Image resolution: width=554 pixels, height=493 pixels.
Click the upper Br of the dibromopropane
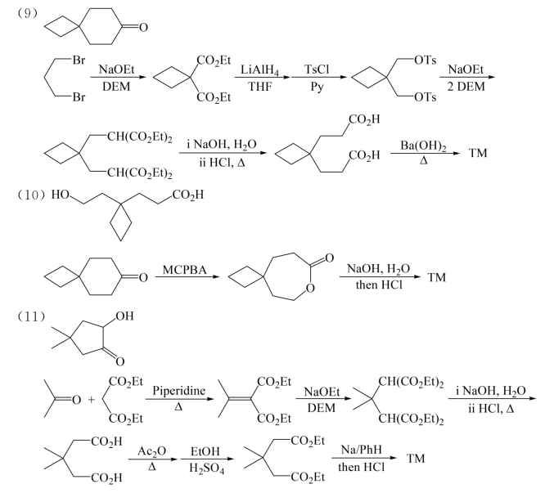[79, 61]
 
